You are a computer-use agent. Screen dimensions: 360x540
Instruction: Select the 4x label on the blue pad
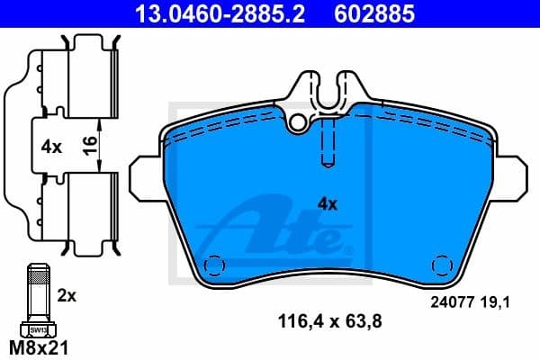[328, 204]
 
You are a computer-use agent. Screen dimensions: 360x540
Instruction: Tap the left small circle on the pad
[214, 265]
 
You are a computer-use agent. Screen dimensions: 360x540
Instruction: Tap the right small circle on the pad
[441, 265]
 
